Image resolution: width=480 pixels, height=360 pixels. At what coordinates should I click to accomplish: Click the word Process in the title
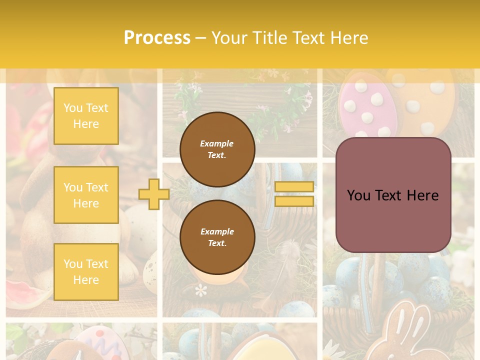pos(157,38)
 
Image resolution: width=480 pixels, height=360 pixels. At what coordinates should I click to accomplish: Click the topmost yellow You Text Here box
pos(86,116)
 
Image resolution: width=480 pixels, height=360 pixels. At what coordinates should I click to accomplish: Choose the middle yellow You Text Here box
pos(86,195)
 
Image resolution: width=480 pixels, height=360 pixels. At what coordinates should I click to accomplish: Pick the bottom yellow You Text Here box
pos(86,271)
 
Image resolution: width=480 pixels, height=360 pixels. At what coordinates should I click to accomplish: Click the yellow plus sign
pos(153,194)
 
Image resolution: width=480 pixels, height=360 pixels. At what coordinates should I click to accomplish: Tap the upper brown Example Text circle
pos(217,149)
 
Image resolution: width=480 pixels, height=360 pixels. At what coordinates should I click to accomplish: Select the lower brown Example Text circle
pos(217,237)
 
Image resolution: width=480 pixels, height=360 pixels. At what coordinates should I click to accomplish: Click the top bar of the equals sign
pos(294,186)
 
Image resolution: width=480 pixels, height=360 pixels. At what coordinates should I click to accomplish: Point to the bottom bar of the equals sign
pos(294,201)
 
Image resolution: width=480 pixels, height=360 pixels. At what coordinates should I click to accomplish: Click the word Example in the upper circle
pos(217,143)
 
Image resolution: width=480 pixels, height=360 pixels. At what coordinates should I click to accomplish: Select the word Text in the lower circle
pos(217,243)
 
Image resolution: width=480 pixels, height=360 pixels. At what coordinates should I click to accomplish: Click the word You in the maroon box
pos(358,195)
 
